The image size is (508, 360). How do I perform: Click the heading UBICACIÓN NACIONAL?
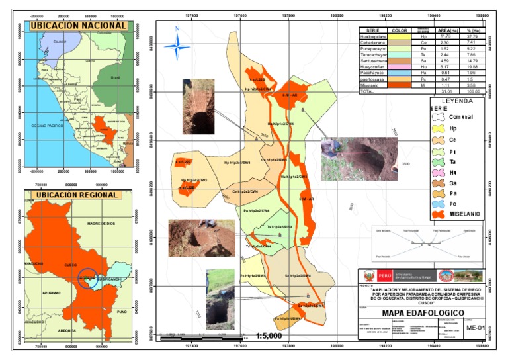point(78,25)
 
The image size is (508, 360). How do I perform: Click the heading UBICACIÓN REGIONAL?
point(78,195)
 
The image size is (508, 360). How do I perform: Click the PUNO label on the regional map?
point(120,311)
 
